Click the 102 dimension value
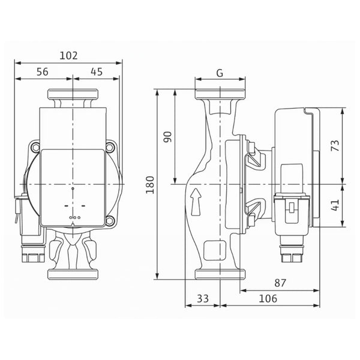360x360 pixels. (x=68, y=56)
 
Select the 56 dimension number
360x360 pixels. (x=43, y=72)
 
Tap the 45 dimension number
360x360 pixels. (x=97, y=72)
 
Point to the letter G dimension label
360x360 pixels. (x=220, y=73)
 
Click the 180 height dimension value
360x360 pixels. (x=150, y=185)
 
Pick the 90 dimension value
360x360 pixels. (x=168, y=137)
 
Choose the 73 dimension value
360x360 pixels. (x=335, y=146)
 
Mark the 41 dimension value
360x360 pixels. (x=335, y=205)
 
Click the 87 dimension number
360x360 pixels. (x=280, y=283)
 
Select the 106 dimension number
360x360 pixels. (x=268, y=298)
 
